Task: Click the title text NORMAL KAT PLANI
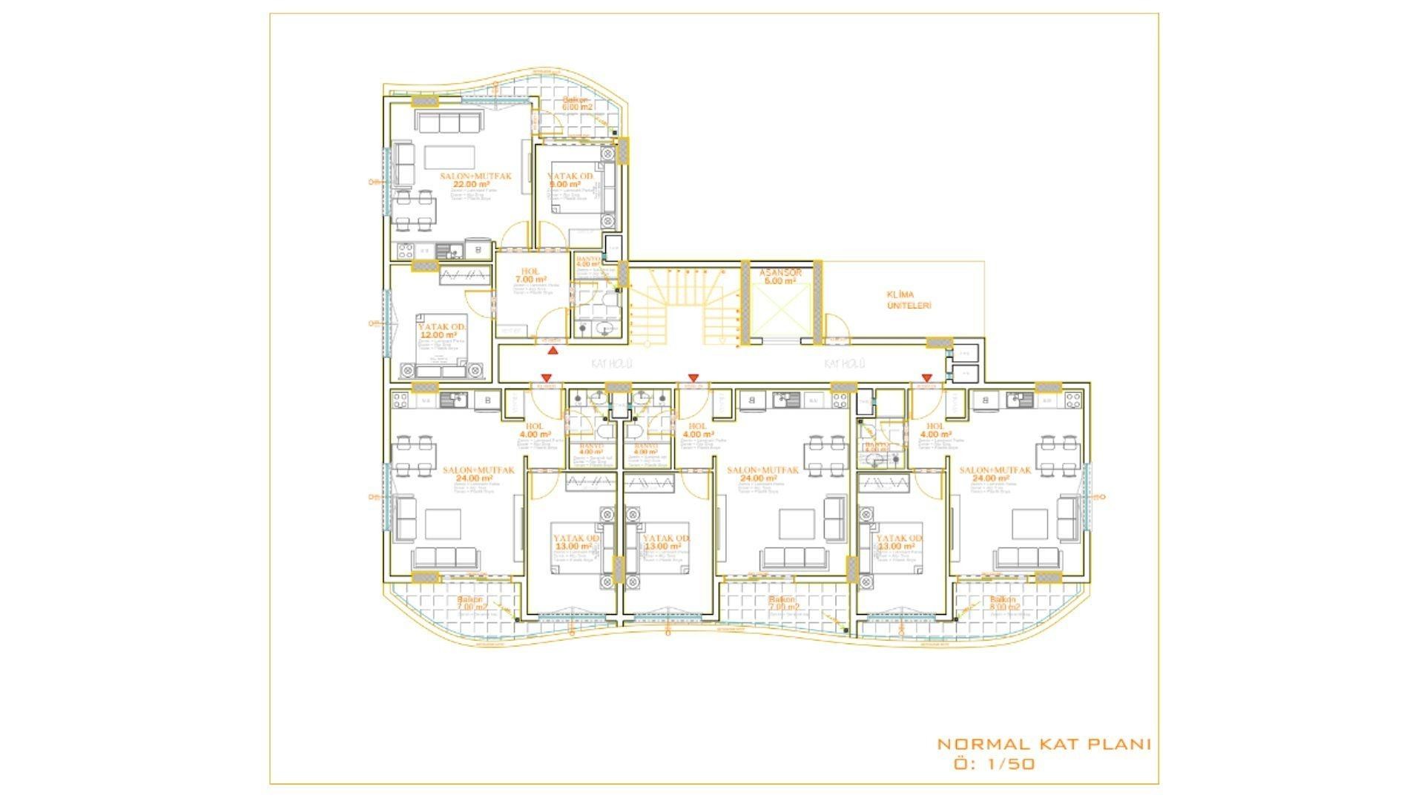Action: (1044, 744)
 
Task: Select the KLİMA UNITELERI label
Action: (909, 300)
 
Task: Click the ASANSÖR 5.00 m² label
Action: (780, 277)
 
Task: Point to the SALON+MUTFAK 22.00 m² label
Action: (475, 179)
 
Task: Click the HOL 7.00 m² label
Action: (530, 275)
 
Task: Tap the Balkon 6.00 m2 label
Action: (576, 103)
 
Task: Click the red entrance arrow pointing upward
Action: (553, 349)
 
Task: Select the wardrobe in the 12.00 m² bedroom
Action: (465, 275)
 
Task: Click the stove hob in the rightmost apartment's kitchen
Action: (1072, 400)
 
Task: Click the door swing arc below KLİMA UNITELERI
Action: (836, 328)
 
